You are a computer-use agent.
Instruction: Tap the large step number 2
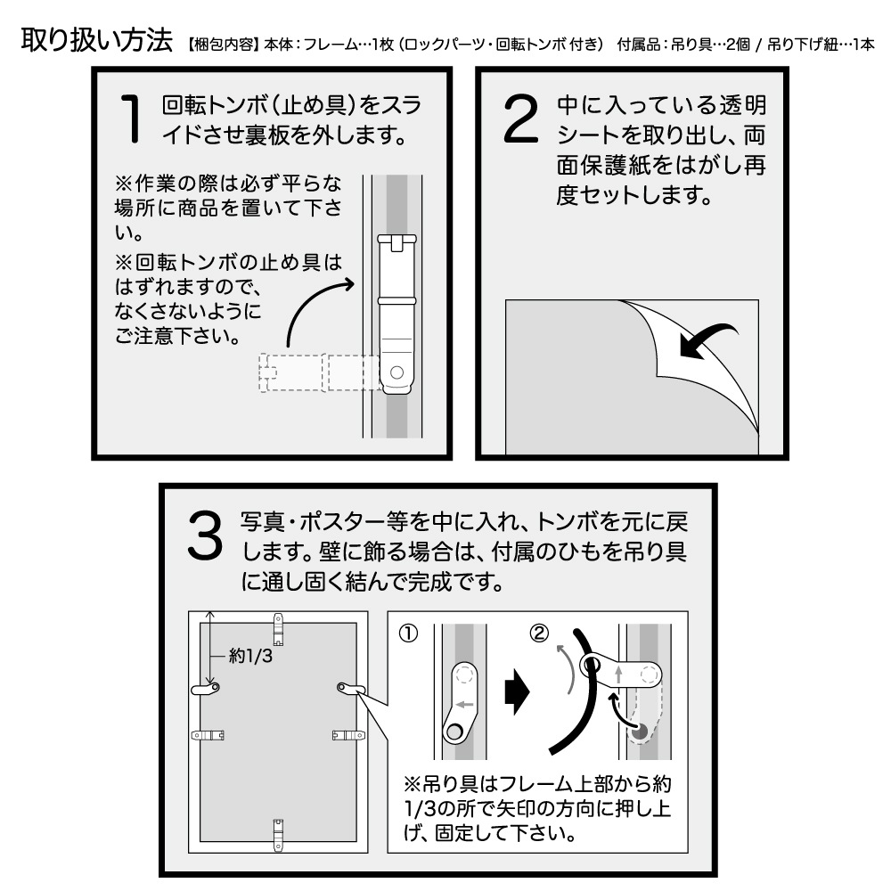point(522,118)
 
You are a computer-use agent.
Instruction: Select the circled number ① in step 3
point(406,634)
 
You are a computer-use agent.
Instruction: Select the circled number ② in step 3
point(539,634)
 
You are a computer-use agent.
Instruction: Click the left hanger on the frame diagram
point(206,688)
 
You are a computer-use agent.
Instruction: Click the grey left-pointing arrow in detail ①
point(462,703)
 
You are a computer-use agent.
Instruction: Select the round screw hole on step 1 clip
point(396,372)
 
